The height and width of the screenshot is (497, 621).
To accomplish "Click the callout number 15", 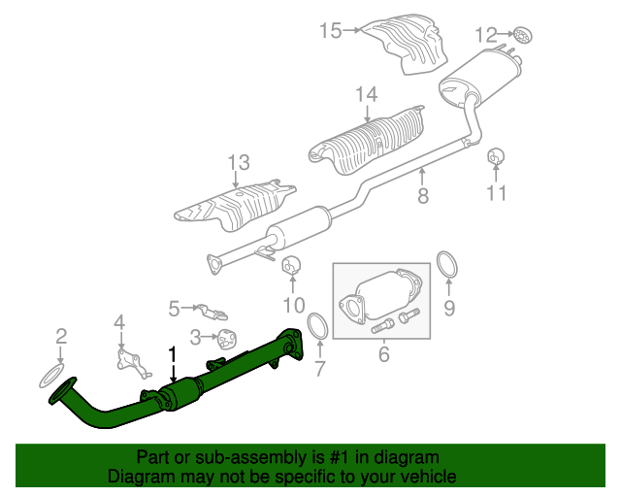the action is point(331,30).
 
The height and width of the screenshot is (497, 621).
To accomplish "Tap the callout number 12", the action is point(485,35).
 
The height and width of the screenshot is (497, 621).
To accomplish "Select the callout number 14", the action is point(367,94).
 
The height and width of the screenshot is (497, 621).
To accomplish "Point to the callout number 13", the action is point(239,162).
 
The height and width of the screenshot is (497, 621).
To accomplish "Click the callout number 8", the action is point(423,195).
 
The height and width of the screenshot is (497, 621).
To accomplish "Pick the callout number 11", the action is point(496,193).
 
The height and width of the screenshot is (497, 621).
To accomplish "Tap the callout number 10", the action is point(294,305).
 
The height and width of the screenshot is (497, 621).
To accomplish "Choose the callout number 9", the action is point(449,308).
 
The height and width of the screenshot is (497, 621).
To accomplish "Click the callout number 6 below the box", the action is point(384,354).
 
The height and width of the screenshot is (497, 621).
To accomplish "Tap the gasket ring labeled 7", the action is point(318,326).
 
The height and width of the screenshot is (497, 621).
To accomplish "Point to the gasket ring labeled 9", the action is point(446,264).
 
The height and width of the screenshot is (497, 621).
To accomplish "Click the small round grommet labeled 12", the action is point(523,36).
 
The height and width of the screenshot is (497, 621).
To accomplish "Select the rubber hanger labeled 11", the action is point(496,156).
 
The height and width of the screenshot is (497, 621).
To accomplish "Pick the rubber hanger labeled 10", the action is point(291,265).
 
